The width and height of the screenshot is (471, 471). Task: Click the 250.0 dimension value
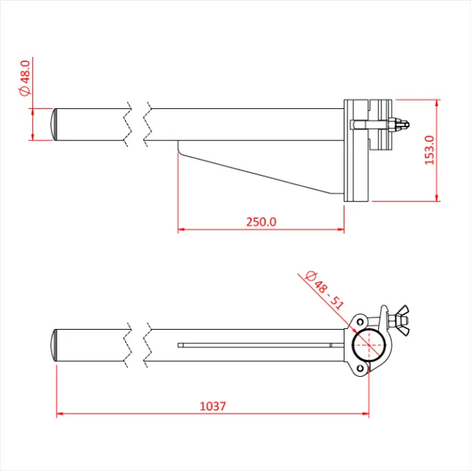261,222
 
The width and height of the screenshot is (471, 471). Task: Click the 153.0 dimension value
430,149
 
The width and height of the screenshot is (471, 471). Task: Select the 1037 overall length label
213,406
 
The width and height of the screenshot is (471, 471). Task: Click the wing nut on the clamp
400,317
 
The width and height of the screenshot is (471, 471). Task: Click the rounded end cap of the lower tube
56,344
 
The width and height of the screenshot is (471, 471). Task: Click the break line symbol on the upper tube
140,122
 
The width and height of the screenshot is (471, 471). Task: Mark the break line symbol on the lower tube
140,344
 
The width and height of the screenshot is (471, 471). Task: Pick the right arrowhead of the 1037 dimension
366,414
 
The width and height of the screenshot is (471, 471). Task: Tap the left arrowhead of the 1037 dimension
60,414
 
